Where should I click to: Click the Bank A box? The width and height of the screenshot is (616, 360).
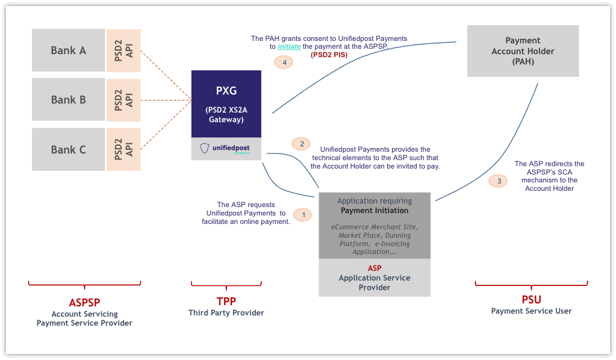[x=68, y=51]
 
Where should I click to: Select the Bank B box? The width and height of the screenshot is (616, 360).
[x=68, y=100]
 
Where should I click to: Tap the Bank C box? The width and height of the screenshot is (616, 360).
[x=68, y=149]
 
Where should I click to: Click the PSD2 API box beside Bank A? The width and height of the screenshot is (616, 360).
[x=123, y=51]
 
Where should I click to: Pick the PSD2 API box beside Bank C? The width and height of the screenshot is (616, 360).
[x=123, y=149]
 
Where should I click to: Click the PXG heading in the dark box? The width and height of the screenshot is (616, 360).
[x=226, y=91]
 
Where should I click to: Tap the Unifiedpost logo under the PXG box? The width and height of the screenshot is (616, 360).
[x=226, y=148]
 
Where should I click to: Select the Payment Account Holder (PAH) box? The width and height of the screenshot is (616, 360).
[x=523, y=51]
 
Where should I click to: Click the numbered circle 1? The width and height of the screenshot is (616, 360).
[x=303, y=214]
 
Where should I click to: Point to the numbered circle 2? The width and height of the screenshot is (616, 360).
[x=300, y=143]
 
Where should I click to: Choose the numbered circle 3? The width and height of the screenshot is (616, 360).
[x=497, y=180]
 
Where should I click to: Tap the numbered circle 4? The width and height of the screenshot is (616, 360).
[x=284, y=62]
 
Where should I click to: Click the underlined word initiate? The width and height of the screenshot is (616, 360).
[x=289, y=46]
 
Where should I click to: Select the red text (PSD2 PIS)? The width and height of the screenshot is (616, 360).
[x=329, y=55]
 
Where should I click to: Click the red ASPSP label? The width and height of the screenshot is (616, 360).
[x=84, y=302]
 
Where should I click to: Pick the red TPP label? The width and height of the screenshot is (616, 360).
[x=226, y=301]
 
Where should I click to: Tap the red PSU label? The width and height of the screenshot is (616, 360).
[x=531, y=299]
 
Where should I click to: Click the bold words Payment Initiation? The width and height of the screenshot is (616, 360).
[x=374, y=211]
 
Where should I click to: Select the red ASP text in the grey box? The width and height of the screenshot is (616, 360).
[x=374, y=268]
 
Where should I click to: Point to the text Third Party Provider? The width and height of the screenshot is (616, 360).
[x=226, y=312]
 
